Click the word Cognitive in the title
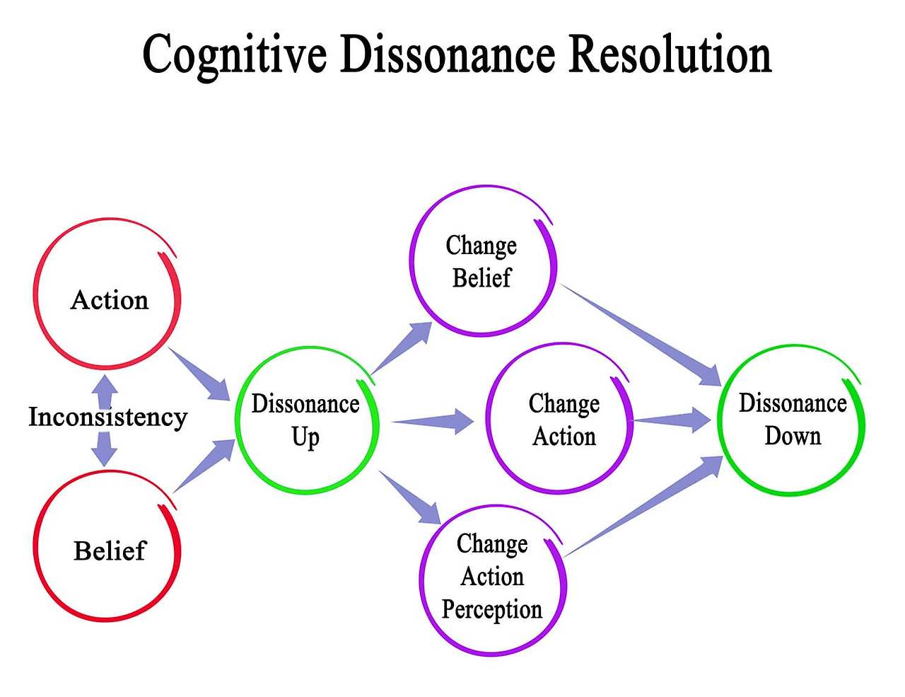click(x=233, y=55)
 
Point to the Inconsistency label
click(x=107, y=417)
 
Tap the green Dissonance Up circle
click(x=306, y=420)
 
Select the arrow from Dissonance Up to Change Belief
click(x=403, y=347)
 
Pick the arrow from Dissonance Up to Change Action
click(x=433, y=421)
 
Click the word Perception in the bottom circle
click(x=492, y=609)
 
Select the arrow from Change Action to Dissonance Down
click(x=672, y=420)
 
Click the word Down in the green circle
click(x=793, y=436)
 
